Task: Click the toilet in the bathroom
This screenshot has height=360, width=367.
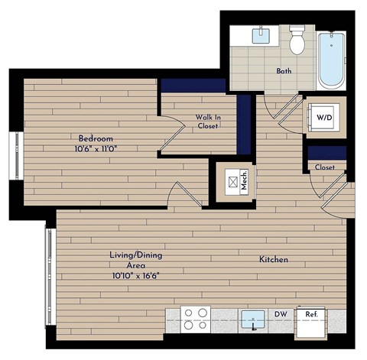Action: [297, 40]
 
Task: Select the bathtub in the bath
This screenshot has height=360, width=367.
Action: [333, 58]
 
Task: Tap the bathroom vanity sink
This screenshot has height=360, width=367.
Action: [262, 34]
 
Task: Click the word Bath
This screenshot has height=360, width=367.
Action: [284, 71]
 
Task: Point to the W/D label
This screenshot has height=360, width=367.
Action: [324, 118]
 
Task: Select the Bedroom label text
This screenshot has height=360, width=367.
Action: [96, 138]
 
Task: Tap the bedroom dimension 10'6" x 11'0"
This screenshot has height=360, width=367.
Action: [96, 148]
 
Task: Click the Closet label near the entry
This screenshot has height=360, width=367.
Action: [324, 167]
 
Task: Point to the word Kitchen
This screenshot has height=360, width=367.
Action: [273, 260]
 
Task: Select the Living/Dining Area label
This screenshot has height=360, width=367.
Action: [137, 260]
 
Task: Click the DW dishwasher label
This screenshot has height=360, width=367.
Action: [282, 313]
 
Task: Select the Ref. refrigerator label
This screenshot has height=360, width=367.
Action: [311, 313]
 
